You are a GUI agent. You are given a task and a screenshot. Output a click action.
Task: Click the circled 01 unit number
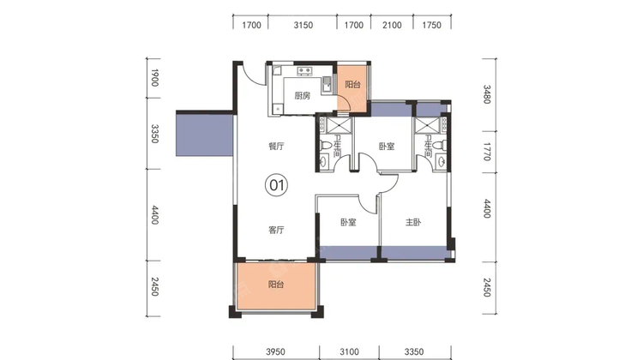(x=276, y=185)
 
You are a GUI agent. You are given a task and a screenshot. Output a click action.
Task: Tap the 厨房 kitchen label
(x=303, y=96)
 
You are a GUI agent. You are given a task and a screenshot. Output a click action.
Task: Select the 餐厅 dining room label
(x=276, y=146)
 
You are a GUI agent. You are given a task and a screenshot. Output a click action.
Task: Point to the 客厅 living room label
(x=276, y=230)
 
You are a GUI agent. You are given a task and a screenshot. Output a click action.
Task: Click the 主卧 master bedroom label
(x=413, y=222)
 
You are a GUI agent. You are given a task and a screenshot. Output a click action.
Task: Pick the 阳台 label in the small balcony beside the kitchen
(x=352, y=85)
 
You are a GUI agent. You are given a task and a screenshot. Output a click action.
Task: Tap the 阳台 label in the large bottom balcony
(x=276, y=285)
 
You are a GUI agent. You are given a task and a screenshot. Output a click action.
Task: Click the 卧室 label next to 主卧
(x=348, y=222)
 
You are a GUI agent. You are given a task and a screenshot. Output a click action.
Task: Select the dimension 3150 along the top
(x=303, y=26)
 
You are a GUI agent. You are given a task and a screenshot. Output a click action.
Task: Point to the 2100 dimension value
(x=392, y=26)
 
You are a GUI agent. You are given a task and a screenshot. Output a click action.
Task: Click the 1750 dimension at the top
(x=431, y=26)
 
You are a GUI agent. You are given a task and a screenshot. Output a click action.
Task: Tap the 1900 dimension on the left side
(x=154, y=78)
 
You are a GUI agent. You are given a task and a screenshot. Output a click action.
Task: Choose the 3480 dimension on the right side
(x=487, y=94)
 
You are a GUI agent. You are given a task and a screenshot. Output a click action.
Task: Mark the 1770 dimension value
(x=487, y=152)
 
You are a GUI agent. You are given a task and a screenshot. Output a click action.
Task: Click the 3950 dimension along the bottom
(x=275, y=351)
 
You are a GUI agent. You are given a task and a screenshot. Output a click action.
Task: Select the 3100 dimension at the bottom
(x=349, y=351)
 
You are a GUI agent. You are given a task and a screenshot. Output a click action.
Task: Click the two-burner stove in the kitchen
(x=304, y=71)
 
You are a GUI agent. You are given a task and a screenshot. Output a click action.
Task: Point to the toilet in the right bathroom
(x=439, y=145)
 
